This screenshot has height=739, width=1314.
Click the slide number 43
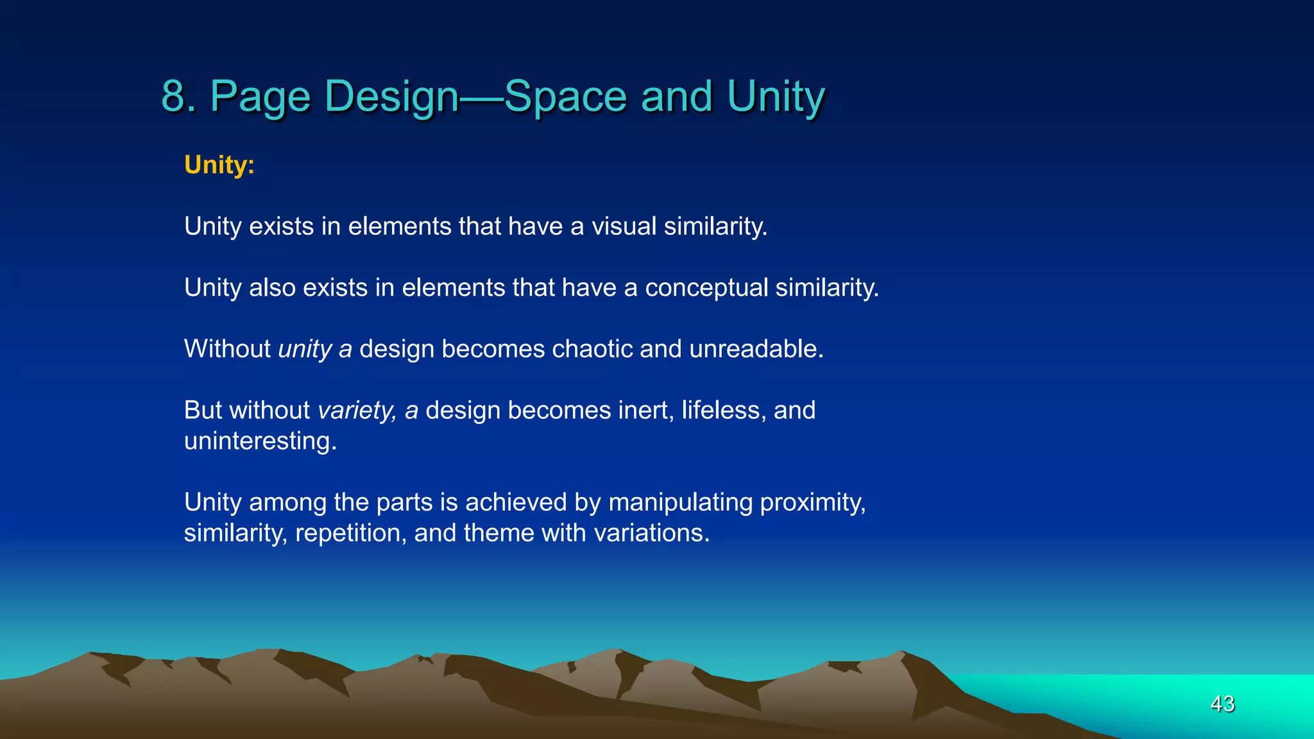[1222, 704]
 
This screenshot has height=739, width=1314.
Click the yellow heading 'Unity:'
[219, 165]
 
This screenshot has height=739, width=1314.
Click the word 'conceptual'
[706, 288]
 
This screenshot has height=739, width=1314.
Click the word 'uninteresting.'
[260, 441]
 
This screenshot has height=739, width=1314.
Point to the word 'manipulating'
[680, 502]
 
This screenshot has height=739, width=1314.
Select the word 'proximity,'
[812, 502]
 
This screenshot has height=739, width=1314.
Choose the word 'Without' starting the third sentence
[227, 349]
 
